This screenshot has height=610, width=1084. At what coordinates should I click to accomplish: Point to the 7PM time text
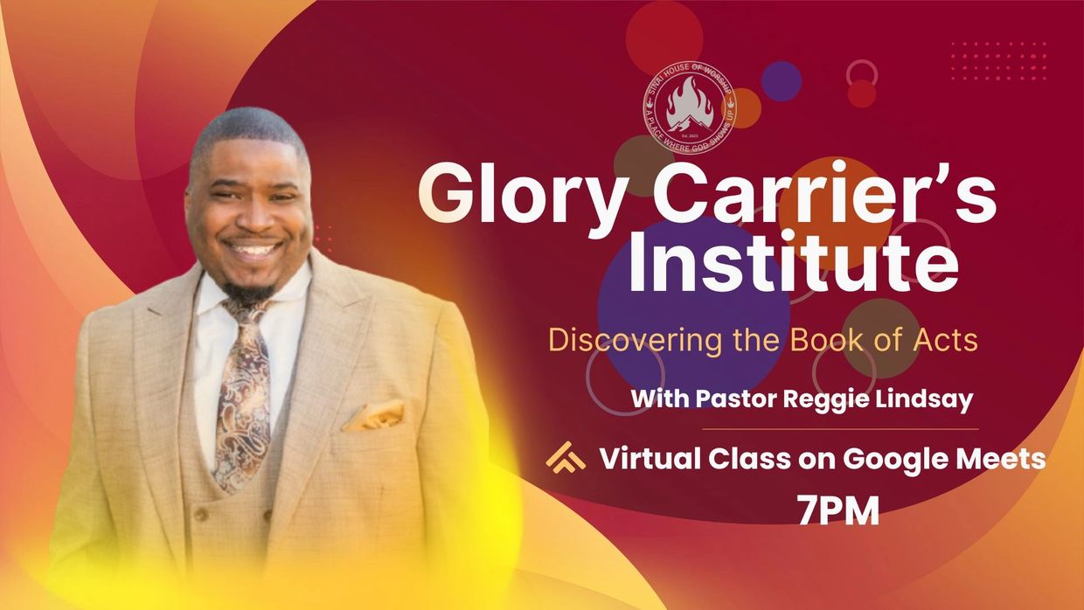(x=837, y=511)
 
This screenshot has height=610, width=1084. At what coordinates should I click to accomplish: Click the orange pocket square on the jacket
(x=375, y=416)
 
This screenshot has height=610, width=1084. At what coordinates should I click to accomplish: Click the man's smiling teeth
(x=254, y=249)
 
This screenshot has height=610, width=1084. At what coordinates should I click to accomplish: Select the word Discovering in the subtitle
(x=614, y=340)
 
